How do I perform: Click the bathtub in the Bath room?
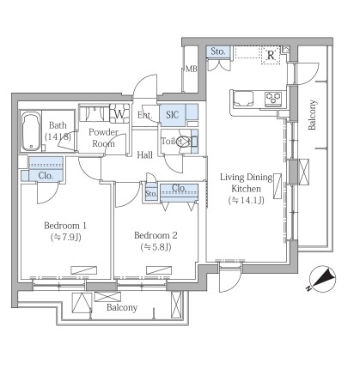point(31,131)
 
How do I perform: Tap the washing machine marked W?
point(119,114)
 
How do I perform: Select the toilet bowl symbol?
point(184,142)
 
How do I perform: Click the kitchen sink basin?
point(243,99)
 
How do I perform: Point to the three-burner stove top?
point(274,99)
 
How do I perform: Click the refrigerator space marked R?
point(271,55)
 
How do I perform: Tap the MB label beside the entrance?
point(191,69)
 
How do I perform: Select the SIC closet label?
point(173,115)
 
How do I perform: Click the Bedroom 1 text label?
point(65,226)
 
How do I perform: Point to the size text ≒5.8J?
point(156,246)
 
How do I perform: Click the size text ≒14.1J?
point(246,200)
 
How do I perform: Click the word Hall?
point(144,154)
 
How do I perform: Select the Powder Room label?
point(103,137)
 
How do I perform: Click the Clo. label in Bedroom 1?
point(46,175)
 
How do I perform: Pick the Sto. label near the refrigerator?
point(218,51)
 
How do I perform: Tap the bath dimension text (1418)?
point(58,136)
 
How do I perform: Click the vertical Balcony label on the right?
point(312,115)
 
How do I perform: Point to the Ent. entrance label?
point(144,115)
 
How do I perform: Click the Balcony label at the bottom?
point(122,307)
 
